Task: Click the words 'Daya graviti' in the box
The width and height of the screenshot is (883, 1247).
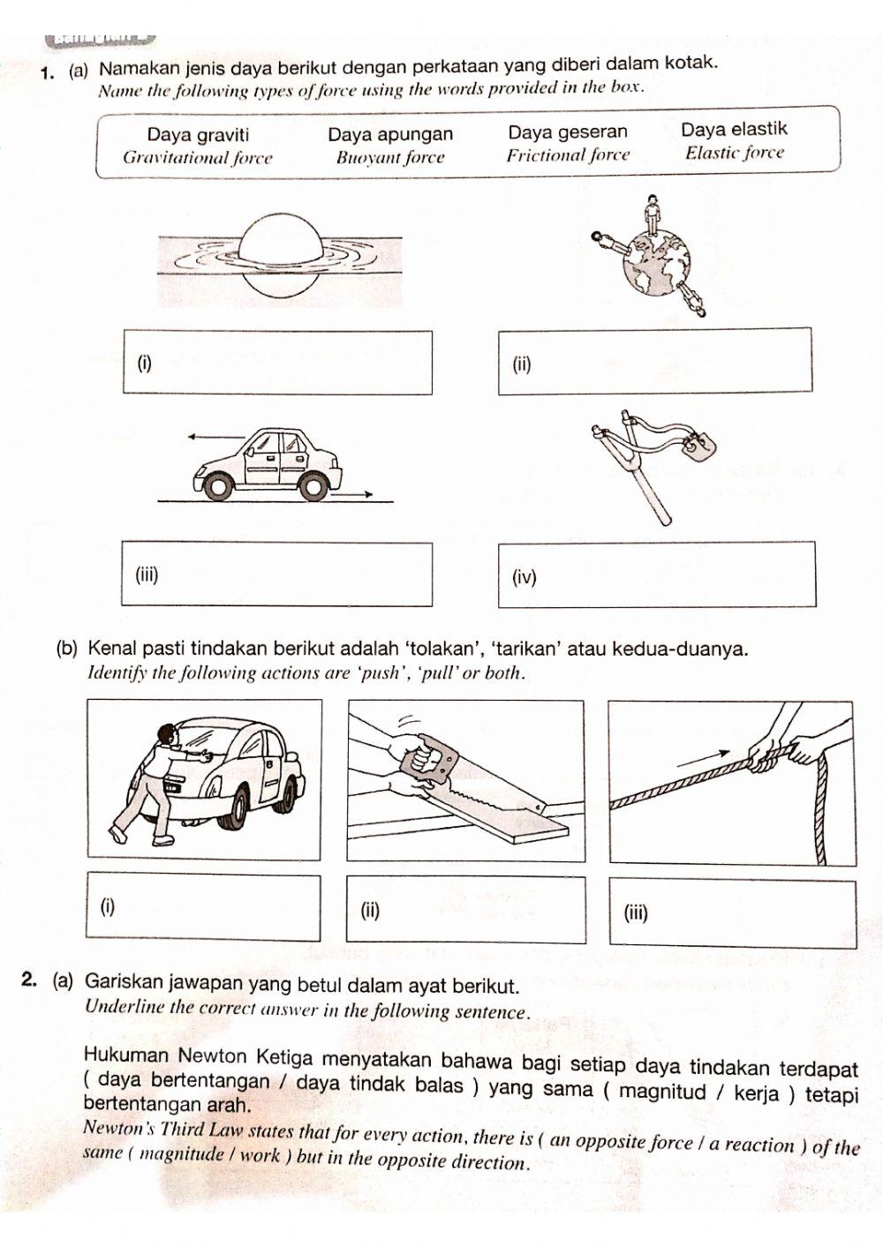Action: tap(198, 135)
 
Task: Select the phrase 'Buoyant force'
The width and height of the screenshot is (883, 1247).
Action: tap(390, 158)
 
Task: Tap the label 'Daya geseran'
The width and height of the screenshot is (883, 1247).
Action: tap(568, 132)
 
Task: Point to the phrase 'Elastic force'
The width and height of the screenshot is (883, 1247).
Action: tap(735, 153)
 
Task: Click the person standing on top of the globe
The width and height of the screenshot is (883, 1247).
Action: tap(653, 214)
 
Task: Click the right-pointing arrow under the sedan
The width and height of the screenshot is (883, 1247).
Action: tap(353, 496)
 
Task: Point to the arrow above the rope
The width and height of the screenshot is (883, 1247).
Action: tap(704, 759)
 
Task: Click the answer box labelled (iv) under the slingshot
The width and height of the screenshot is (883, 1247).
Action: tap(656, 575)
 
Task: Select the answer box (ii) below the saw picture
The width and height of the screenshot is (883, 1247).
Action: tap(465, 909)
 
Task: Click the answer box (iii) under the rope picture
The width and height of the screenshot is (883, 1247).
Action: tap(732, 913)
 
